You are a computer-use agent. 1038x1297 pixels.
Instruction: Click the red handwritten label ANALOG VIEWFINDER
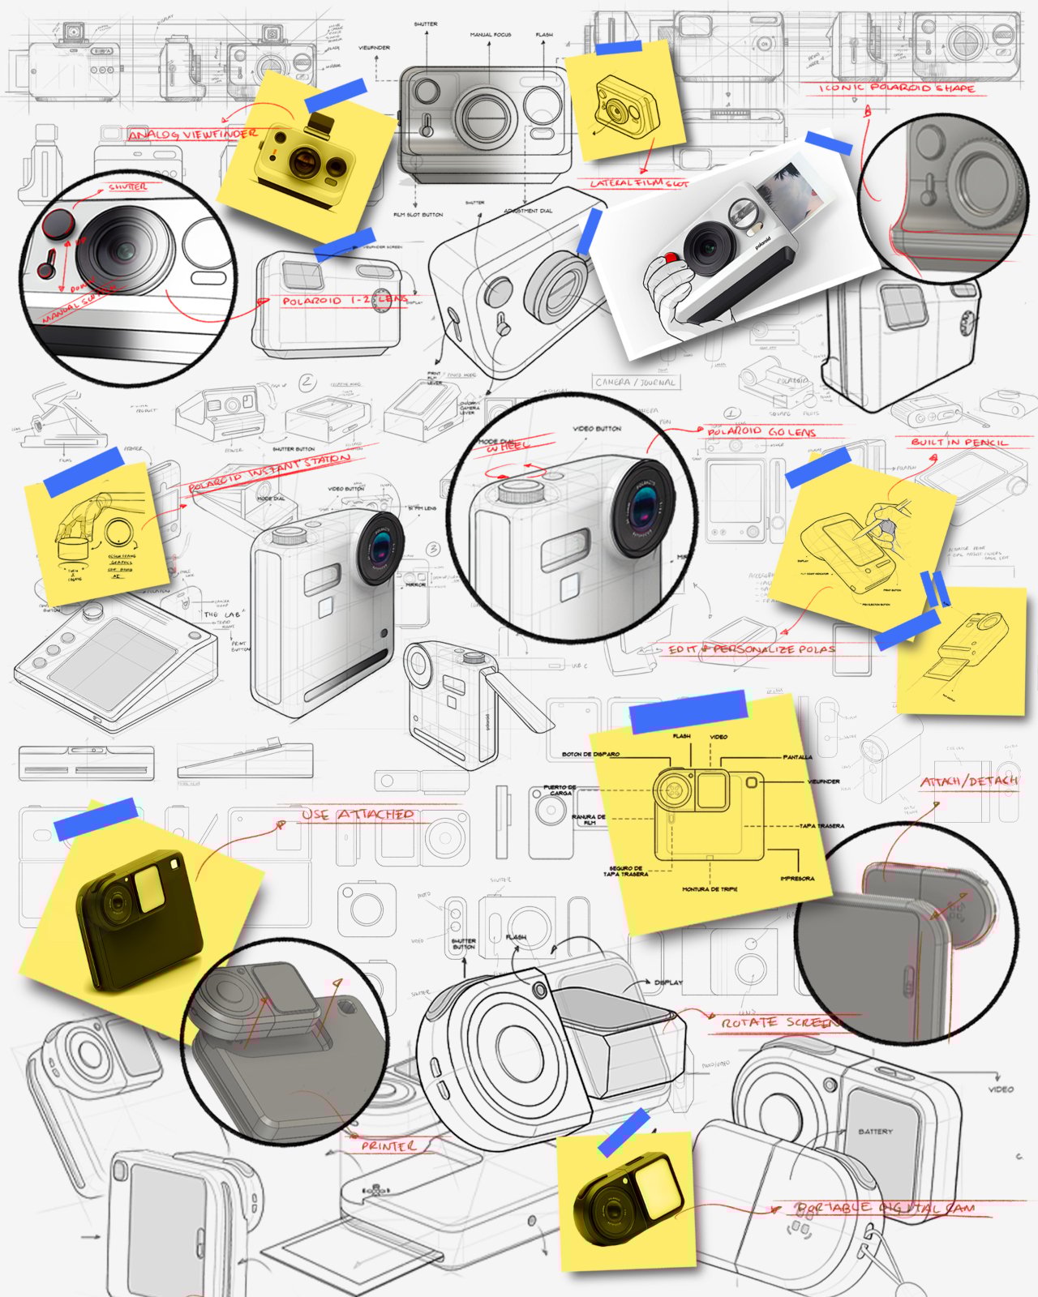[x=193, y=135]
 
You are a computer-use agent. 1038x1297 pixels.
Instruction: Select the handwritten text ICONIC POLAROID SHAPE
[x=896, y=88]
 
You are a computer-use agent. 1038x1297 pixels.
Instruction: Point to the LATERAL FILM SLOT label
[x=638, y=183]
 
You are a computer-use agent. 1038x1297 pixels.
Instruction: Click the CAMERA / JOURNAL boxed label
[x=636, y=382]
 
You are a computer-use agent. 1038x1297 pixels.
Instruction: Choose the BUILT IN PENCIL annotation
[x=959, y=443]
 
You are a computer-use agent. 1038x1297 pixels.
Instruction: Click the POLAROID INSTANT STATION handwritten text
[x=269, y=473]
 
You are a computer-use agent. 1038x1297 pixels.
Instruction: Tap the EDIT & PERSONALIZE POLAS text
[x=751, y=649]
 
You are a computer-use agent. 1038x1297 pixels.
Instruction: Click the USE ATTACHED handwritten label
[x=358, y=814]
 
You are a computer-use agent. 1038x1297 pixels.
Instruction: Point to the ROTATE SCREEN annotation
[x=779, y=1023]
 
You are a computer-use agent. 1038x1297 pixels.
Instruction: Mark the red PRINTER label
[x=389, y=1146]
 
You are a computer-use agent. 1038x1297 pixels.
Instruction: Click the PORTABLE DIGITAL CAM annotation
[x=885, y=1208]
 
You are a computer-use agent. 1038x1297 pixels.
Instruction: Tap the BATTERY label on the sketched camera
[x=875, y=1131]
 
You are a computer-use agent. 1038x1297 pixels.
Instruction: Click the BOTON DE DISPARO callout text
[x=590, y=754]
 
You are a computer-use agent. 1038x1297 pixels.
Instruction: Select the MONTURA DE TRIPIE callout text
[x=710, y=889]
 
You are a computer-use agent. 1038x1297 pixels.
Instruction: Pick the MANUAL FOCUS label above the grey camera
[x=491, y=36]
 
